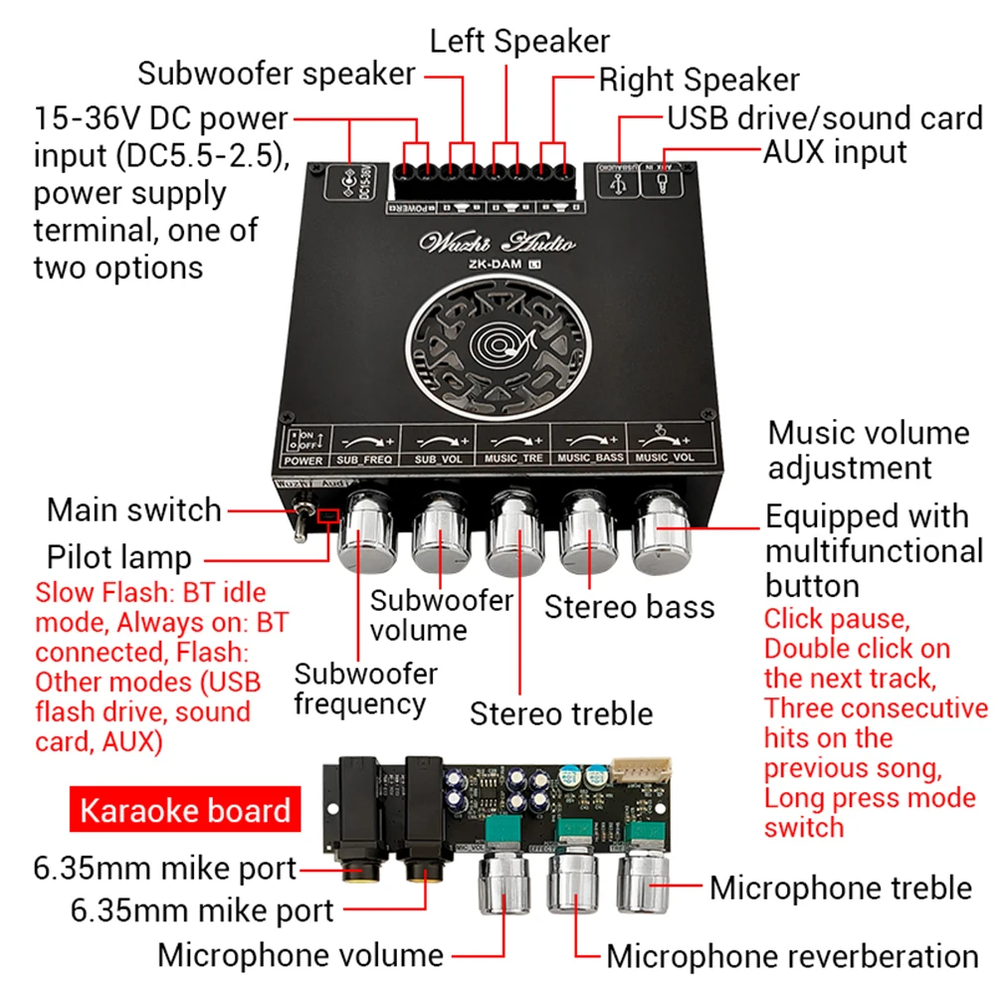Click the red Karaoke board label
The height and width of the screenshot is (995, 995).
[184, 810]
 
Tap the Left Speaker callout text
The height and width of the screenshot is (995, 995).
[519, 41]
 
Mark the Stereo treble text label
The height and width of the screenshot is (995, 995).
[561, 712]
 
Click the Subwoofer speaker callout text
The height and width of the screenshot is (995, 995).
[276, 74]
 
